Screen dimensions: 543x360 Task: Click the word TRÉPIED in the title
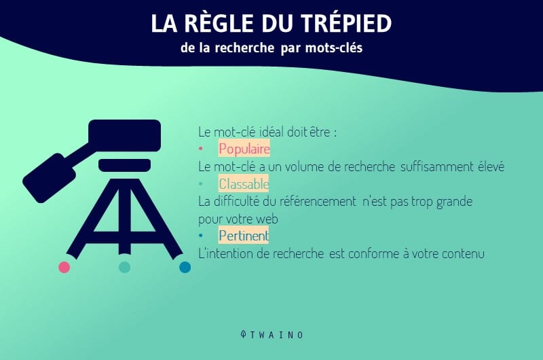tap(346, 23)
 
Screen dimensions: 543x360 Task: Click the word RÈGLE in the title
tap(219, 23)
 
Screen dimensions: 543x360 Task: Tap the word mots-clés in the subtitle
tap(334, 48)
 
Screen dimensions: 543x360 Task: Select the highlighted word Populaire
tap(244, 149)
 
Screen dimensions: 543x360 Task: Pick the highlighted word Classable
tap(244, 183)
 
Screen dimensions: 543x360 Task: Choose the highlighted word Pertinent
tap(244, 236)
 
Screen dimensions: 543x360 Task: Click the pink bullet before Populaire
tap(200, 149)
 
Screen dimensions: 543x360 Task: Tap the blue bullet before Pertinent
tap(200, 236)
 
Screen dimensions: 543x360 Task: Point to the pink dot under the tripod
tap(64, 267)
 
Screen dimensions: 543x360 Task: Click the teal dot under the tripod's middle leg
tap(124, 267)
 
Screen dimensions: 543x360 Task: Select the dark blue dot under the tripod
tap(185, 267)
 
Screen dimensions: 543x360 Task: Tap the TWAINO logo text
tap(277, 335)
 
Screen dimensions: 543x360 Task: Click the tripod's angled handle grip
tap(49, 178)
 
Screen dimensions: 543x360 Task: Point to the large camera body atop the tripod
tap(125, 135)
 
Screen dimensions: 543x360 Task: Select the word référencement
tap(318, 201)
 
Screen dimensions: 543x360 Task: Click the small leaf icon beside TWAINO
tap(244, 334)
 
